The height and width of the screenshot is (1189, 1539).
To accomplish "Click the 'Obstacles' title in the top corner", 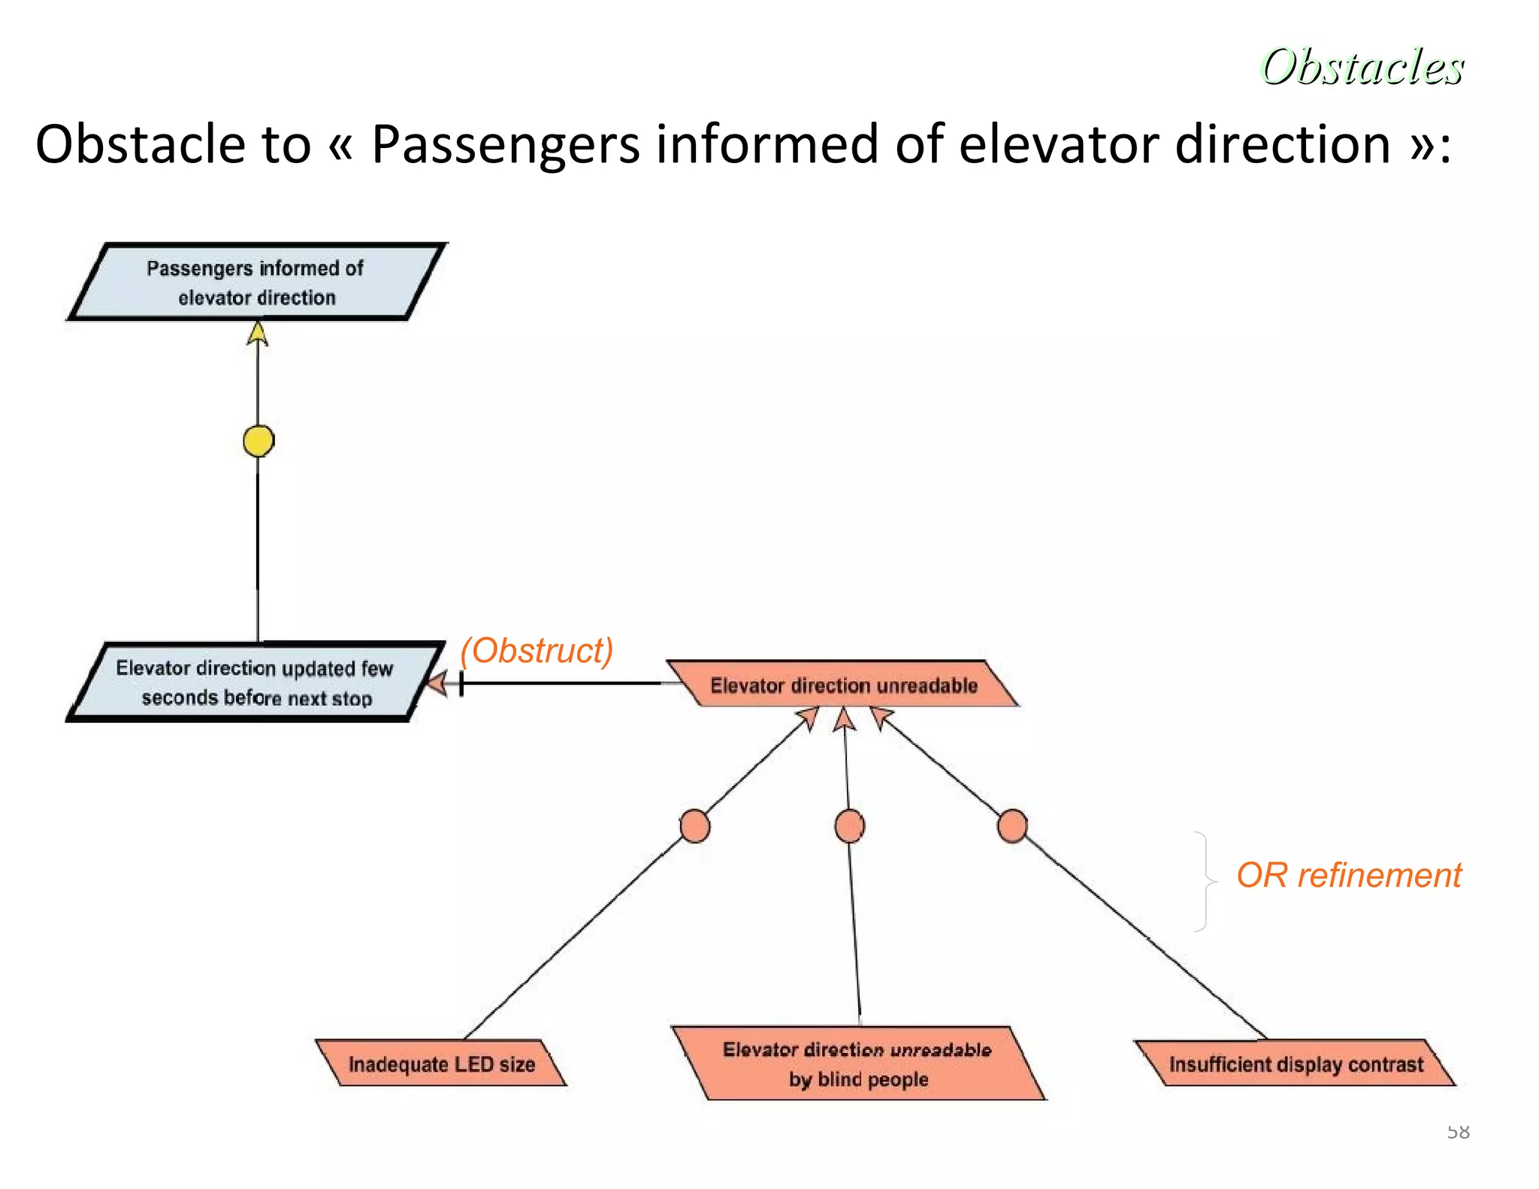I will coord(1362,66).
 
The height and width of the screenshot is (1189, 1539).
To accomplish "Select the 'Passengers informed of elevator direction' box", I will coord(255,283).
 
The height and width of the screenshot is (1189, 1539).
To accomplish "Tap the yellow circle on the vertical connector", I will coord(259,440).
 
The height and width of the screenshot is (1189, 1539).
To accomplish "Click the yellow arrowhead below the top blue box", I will coord(258,334).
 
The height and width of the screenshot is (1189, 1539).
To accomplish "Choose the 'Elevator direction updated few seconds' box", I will coord(255,682).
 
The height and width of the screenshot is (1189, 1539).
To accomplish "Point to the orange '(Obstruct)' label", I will coord(537,650).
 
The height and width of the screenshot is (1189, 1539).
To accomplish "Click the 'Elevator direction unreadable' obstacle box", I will coord(843,685).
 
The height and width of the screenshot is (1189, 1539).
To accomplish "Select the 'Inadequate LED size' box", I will coord(441,1063).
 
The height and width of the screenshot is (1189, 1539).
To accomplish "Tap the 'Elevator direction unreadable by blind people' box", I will coord(857,1063).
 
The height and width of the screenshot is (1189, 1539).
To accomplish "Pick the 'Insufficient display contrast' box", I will coord(1296,1063).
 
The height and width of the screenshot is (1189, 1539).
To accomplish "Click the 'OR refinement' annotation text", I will coord(1348,876).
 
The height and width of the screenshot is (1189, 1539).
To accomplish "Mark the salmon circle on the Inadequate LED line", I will coord(694,826).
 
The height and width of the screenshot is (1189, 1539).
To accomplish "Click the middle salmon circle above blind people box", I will coord(849,826).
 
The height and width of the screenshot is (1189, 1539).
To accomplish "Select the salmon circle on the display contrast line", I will coord(1012,826).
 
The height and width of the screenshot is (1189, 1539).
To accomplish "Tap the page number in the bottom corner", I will coord(1458,1131).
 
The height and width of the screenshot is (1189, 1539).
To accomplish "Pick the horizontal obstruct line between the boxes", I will coord(564,683).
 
